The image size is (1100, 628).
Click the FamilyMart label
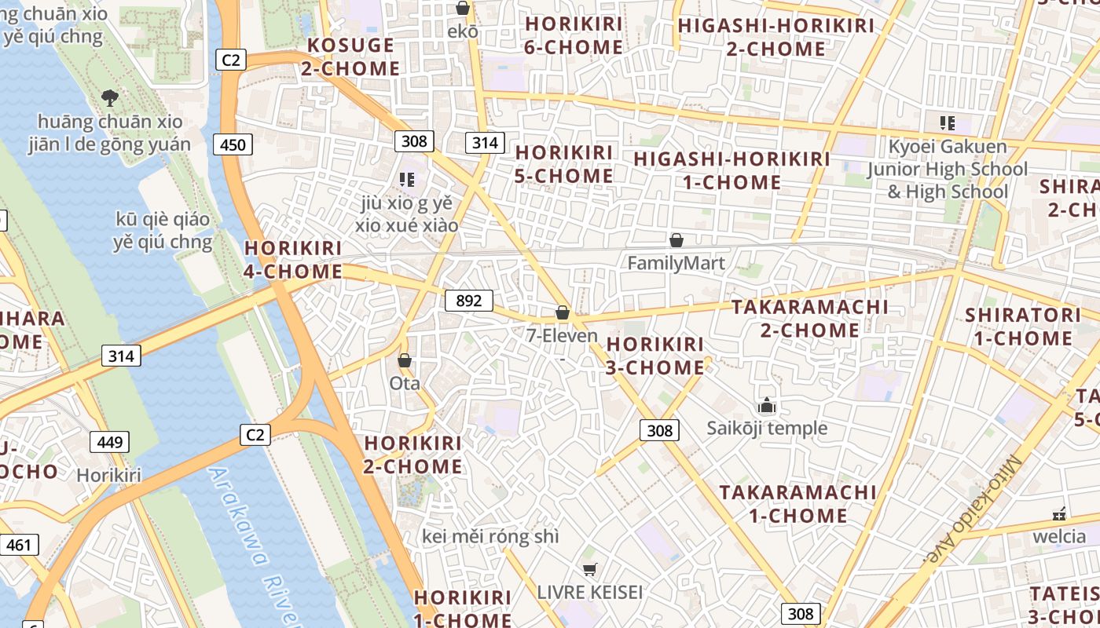coord(676,263)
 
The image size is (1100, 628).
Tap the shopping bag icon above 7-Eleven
coord(563,312)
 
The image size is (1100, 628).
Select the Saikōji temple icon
coord(766,406)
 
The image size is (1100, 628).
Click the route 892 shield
coord(469,301)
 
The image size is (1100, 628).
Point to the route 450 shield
coord(233,144)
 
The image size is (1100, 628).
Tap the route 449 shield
coord(110,442)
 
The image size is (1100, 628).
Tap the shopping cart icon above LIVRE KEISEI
coord(590,569)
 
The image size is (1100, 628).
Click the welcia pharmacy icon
coord(1059,514)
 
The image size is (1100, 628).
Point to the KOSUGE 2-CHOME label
coord(350,57)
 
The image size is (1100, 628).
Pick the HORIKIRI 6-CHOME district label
coord(574,35)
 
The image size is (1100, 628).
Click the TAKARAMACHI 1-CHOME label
coord(797,504)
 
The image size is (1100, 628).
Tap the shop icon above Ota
coord(405,361)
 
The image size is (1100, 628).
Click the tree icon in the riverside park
coord(110,98)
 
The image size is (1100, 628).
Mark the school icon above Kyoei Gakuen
coord(947,122)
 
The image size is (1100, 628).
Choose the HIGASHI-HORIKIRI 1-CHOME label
coord(731,170)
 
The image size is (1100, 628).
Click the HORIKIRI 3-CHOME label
coord(655,356)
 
